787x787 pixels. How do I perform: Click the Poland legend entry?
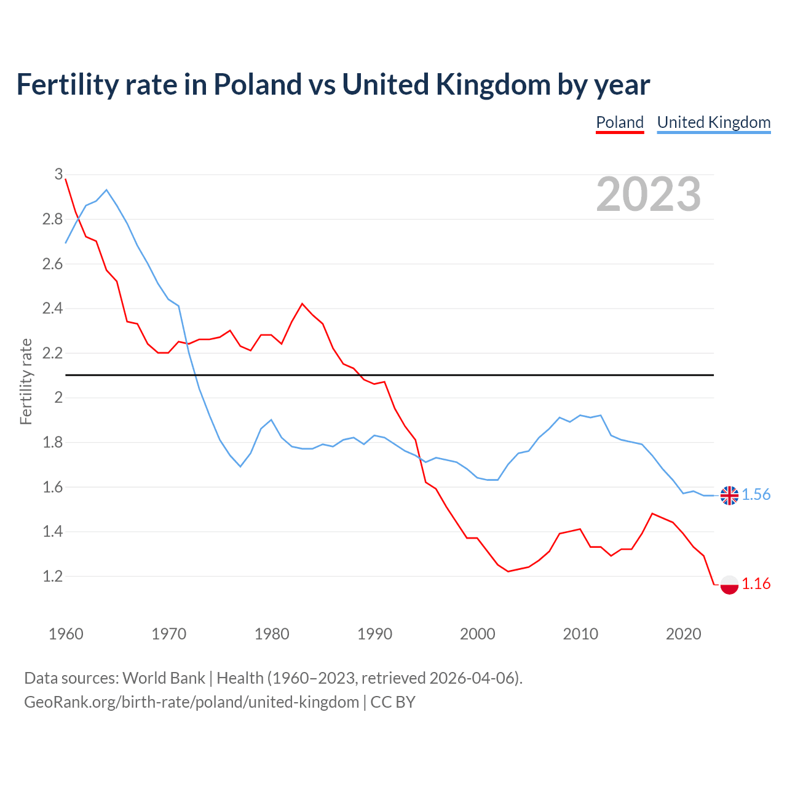tap(620, 122)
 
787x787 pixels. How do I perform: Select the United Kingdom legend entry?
tap(713, 122)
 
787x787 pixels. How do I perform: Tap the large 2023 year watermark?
tap(649, 194)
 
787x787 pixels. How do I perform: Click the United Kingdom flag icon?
tap(729, 495)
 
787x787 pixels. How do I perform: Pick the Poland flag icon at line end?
tap(729, 584)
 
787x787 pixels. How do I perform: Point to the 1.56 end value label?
tap(756, 495)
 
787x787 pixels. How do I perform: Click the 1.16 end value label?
tap(756, 584)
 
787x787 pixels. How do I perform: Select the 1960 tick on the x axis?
tap(66, 634)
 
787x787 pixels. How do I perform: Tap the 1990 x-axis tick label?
tap(374, 634)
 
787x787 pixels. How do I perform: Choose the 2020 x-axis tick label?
tap(683, 634)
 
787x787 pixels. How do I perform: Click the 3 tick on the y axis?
tap(58, 175)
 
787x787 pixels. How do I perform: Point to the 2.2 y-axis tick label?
tap(52, 353)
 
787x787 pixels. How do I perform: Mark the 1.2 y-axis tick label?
tap(52, 576)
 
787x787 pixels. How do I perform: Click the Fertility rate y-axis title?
tap(26, 381)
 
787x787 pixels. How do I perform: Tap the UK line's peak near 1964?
tap(106, 190)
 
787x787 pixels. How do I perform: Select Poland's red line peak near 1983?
tap(302, 304)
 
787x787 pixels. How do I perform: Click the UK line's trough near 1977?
tap(240, 467)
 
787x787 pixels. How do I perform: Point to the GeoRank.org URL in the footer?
tap(191, 702)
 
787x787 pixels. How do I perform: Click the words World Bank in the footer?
tap(164, 678)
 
